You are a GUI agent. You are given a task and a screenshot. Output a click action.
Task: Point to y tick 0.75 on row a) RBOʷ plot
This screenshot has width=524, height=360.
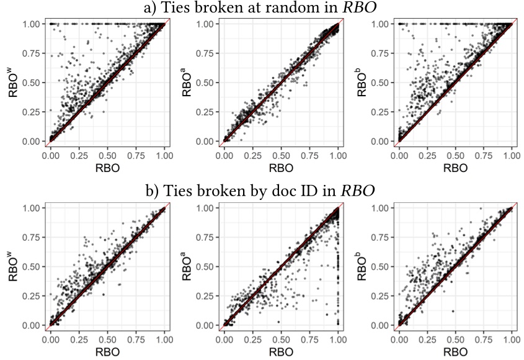click(32, 53)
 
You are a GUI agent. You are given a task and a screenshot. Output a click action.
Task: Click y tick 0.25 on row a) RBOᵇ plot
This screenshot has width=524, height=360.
click(380, 112)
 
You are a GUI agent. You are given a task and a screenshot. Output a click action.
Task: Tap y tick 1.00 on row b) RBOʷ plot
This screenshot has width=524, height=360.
click(32, 208)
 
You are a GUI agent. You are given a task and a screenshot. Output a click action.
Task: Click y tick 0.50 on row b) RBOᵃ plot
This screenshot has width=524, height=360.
click(206, 266)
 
